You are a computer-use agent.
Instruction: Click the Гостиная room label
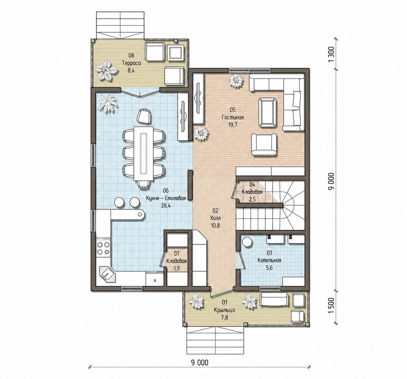(x=233, y=117)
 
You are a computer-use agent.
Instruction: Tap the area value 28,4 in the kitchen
(x=166, y=206)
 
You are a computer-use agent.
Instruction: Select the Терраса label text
(x=131, y=63)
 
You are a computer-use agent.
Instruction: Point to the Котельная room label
(x=269, y=261)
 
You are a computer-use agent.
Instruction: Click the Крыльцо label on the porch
(x=224, y=310)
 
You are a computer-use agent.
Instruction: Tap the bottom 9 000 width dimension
(x=200, y=363)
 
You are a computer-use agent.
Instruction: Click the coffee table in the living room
(x=267, y=112)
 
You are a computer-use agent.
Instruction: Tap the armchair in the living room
(x=264, y=144)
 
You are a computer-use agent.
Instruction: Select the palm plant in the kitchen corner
(x=108, y=103)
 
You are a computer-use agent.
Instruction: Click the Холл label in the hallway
(x=215, y=218)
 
